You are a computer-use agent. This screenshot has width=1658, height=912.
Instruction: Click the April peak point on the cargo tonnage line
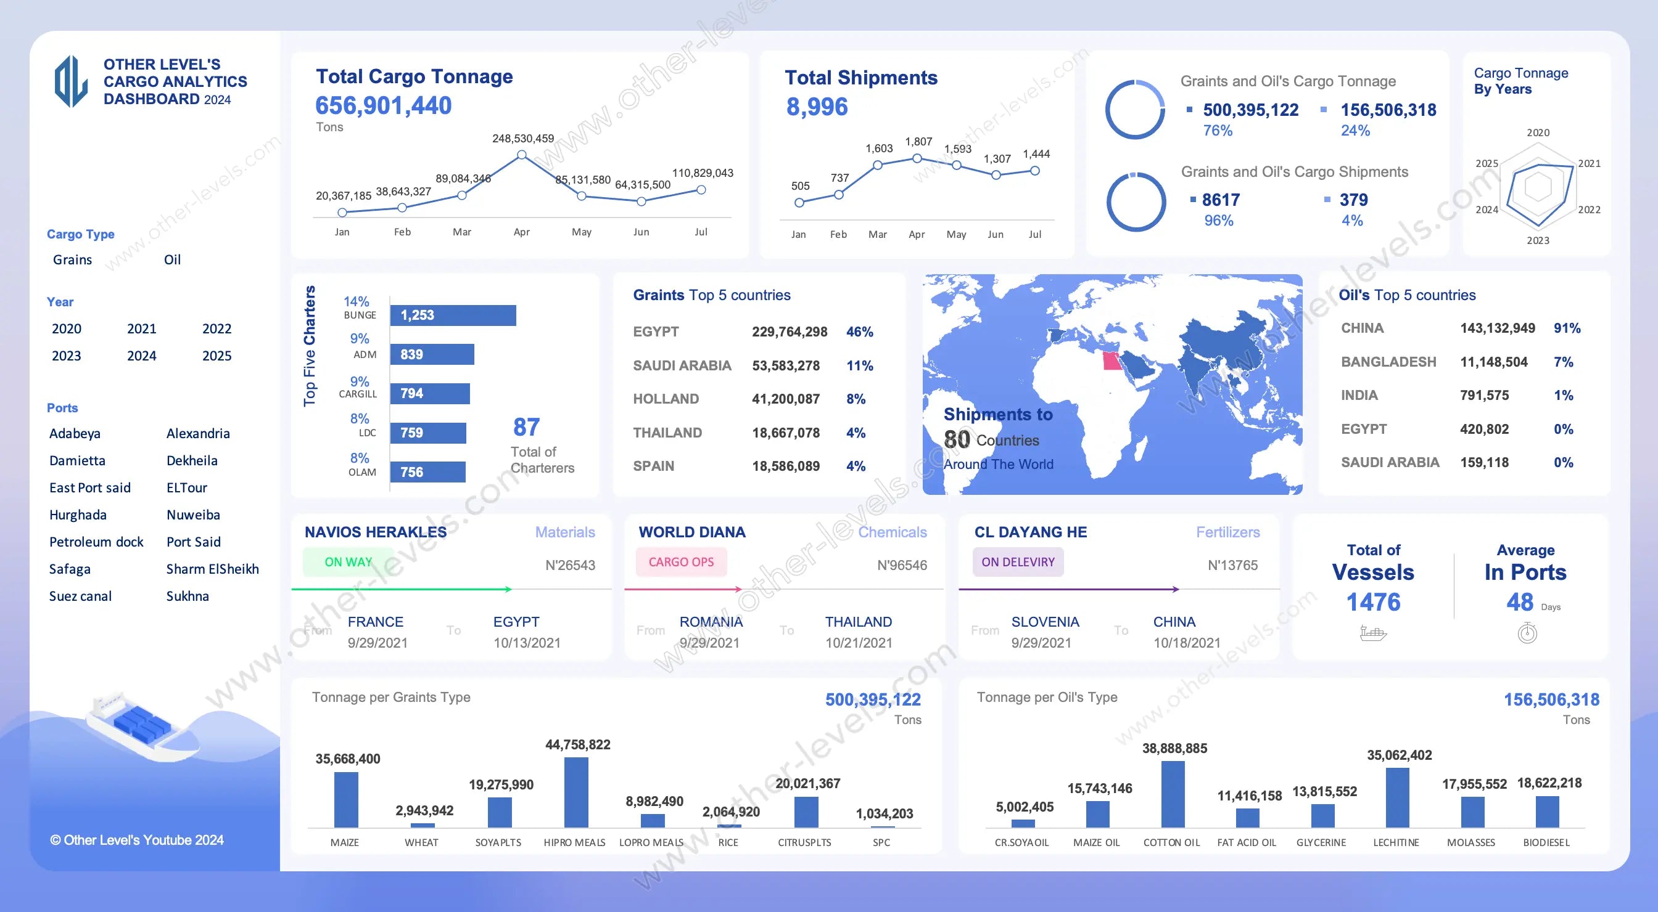pos(521,155)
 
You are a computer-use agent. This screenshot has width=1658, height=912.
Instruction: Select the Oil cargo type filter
pos(172,260)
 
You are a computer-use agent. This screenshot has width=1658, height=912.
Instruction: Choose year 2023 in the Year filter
pos(66,356)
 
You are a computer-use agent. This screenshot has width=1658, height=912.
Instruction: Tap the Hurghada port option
pos(78,515)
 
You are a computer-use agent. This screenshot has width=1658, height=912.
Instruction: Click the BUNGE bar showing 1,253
pos(453,315)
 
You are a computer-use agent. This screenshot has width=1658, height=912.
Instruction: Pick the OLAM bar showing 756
pos(427,472)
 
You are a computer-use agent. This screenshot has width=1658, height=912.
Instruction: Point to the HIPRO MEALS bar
pos(576,792)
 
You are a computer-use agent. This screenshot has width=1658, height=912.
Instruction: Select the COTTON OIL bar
pos(1173,794)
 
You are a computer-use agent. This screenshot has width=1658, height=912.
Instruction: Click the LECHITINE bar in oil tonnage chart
pos(1396,797)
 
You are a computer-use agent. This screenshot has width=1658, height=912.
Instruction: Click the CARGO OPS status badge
pos(681,562)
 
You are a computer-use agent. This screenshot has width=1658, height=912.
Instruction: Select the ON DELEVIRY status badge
pos(1018,562)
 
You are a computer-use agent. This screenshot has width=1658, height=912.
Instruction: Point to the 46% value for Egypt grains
pos(859,332)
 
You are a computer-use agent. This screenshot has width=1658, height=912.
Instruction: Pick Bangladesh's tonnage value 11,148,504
pos(1493,362)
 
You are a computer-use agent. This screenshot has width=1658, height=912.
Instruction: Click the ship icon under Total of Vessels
pos(1373,633)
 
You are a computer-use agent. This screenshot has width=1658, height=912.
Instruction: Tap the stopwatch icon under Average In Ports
pos(1527,633)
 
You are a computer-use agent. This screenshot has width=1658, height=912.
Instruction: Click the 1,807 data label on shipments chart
pos(918,142)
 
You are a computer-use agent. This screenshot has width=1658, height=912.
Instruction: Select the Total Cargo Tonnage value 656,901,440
pos(384,105)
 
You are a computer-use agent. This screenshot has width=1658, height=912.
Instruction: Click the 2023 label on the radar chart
pos(1538,240)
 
